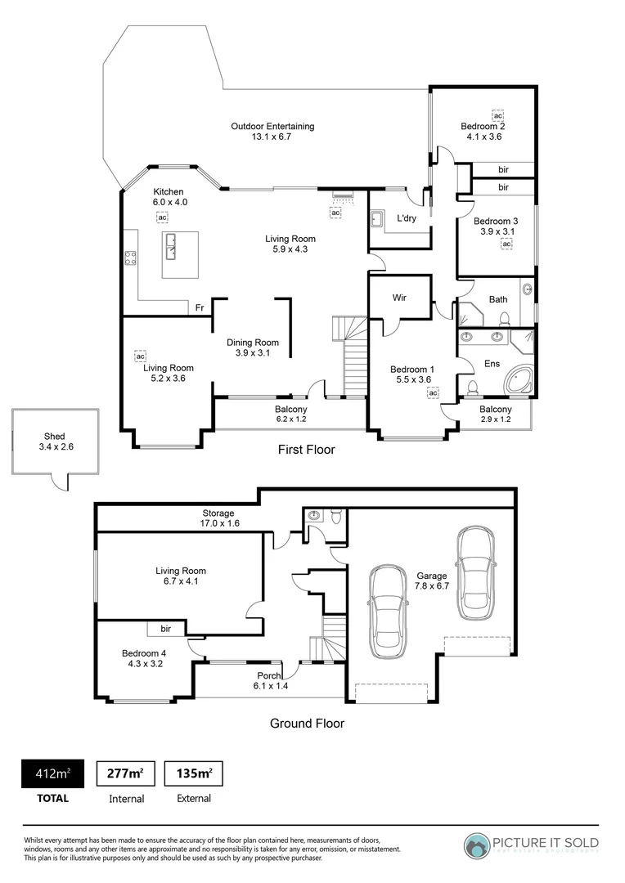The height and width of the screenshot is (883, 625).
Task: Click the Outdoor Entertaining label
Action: click(x=272, y=126)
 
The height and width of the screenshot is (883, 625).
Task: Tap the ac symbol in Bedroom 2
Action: click(x=497, y=115)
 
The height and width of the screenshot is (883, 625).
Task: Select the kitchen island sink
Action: click(x=172, y=247)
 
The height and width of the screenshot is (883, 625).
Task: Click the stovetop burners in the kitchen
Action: click(x=130, y=258)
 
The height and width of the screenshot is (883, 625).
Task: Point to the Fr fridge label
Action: click(x=200, y=307)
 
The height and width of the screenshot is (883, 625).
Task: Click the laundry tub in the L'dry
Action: click(x=377, y=219)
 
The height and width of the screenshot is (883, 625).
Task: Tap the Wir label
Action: click(x=399, y=298)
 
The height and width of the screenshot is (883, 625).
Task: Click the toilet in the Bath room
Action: click(x=505, y=319)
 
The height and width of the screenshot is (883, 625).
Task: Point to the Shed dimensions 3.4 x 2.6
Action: click(x=56, y=446)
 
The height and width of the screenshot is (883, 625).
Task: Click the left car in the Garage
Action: click(x=389, y=611)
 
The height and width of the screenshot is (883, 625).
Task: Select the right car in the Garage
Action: click(x=475, y=572)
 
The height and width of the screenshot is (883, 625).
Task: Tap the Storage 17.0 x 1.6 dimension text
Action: click(x=220, y=523)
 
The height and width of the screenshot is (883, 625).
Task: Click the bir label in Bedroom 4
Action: click(x=166, y=629)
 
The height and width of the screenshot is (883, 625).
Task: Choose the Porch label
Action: click(x=269, y=675)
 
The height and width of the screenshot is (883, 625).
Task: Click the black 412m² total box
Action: click(x=53, y=773)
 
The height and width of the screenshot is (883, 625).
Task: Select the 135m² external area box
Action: click(x=194, y=773)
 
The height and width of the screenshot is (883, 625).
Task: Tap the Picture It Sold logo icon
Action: click(x=477, y=846)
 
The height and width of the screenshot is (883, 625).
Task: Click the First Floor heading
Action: click(x=307, y=450)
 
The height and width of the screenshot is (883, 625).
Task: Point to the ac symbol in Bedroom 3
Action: click(x=506, y=244)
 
